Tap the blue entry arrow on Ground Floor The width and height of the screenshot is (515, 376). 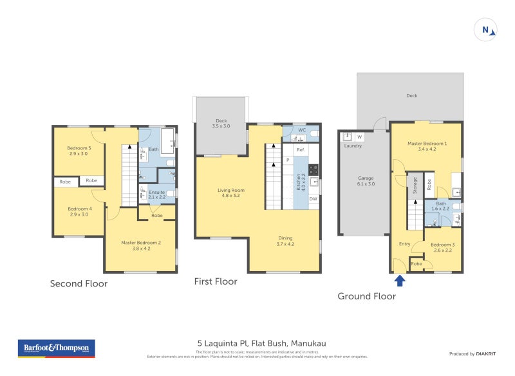(400, 280)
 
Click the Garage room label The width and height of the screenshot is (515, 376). (366, 180)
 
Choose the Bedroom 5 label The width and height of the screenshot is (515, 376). (79, 151)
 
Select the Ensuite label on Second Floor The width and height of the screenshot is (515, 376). (157, 194)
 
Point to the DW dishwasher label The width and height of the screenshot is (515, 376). (313, 199)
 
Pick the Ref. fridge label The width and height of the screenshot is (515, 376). (301, 149)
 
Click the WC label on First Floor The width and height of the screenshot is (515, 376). (301, 130)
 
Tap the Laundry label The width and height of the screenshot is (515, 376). (353, 146)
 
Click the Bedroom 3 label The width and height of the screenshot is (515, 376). (442, 247)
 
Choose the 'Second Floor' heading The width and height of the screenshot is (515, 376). (79, 283)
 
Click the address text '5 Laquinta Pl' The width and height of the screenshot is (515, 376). (221, 343)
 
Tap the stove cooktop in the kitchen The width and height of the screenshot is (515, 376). (314, 170)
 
